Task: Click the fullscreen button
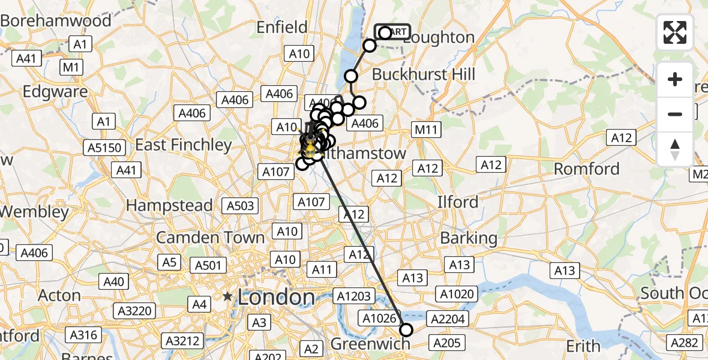[675, 32]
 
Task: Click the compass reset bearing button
[675, 149]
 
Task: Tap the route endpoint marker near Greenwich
[406, 329]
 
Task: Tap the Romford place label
[586, 169]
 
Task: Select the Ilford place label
[458, 202]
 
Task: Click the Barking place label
[469, 238]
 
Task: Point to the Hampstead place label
[169, 205]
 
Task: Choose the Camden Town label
[210, 237]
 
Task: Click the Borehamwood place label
[56, 20]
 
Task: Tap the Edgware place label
[55, 92]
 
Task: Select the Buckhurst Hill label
[424, 74]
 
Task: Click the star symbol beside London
[227, 296]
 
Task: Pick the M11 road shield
[427, 129]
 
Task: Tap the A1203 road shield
[355, 296]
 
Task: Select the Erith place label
[583, 346]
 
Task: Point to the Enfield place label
[281, 27]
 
